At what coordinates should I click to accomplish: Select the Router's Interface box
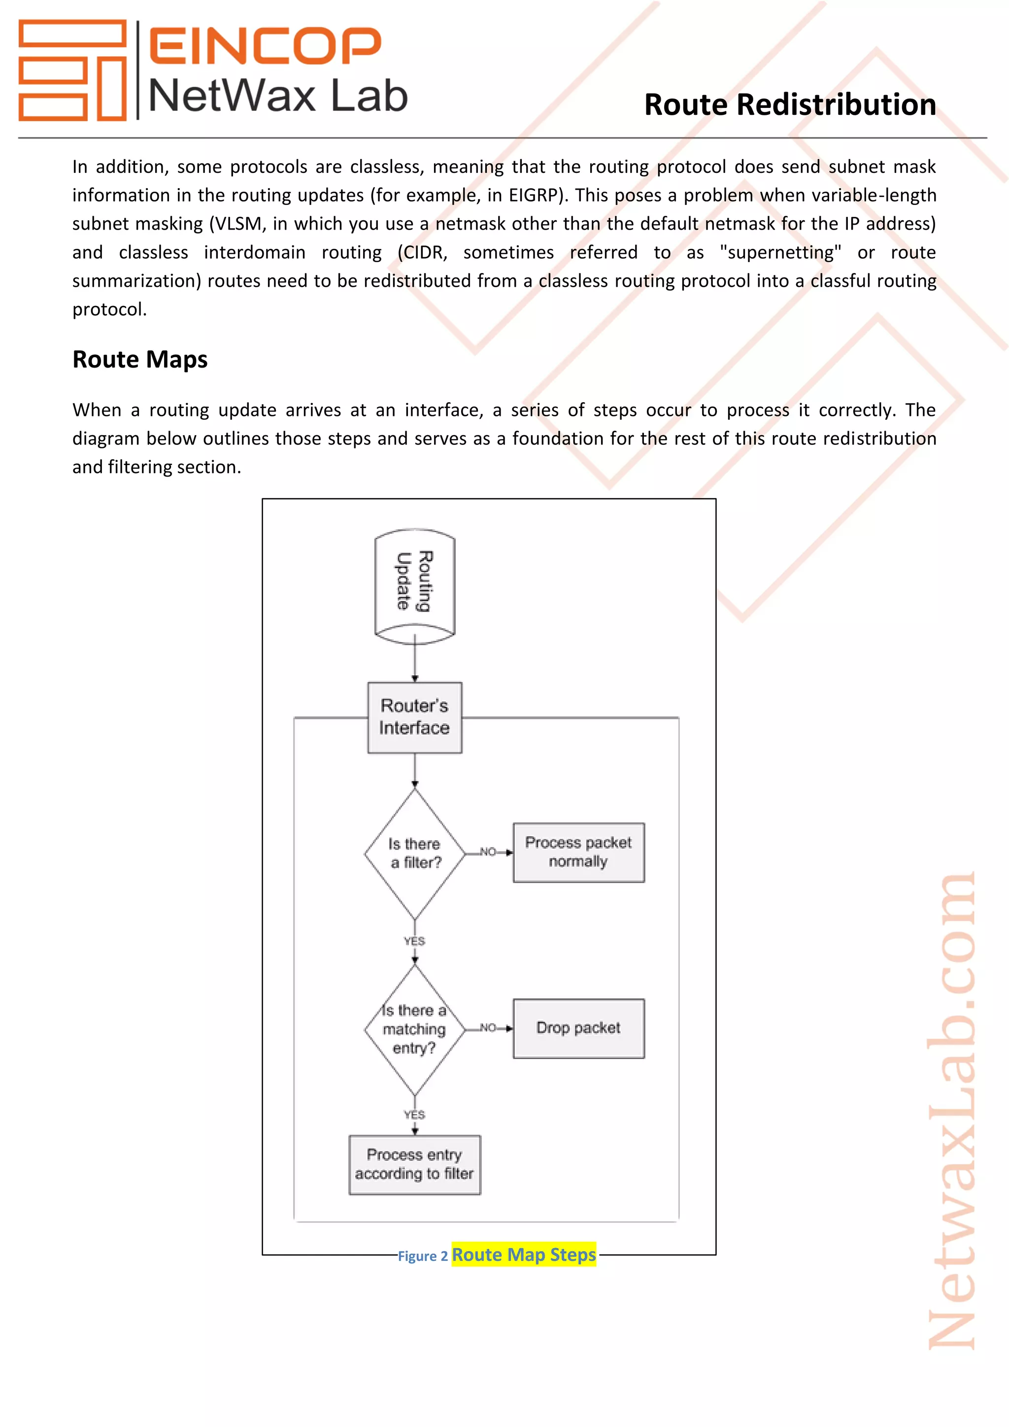click(x=414, y=717)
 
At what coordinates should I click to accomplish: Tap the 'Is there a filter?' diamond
click(x=414, y=853)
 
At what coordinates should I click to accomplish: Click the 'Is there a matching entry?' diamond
click(x=414, y=1029)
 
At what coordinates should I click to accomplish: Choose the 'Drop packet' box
click(x=578, y=1028)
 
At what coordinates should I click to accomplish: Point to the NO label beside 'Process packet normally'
click(x=488, y=852)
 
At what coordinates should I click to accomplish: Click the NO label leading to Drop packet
click(x=488, y=1028)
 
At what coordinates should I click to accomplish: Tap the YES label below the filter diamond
click(x=414, y=941)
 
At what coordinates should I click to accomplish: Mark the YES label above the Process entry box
click(x=414, y=1115)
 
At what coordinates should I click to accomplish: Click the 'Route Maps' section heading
click(x=140, y=359)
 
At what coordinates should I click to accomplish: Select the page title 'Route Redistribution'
click(x=790, y=104)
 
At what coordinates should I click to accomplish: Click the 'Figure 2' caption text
click(x=423, y=1256)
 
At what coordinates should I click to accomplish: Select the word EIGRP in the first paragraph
click(x=533, y=195)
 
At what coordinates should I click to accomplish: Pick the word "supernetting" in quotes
click(x=780, y=252)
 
